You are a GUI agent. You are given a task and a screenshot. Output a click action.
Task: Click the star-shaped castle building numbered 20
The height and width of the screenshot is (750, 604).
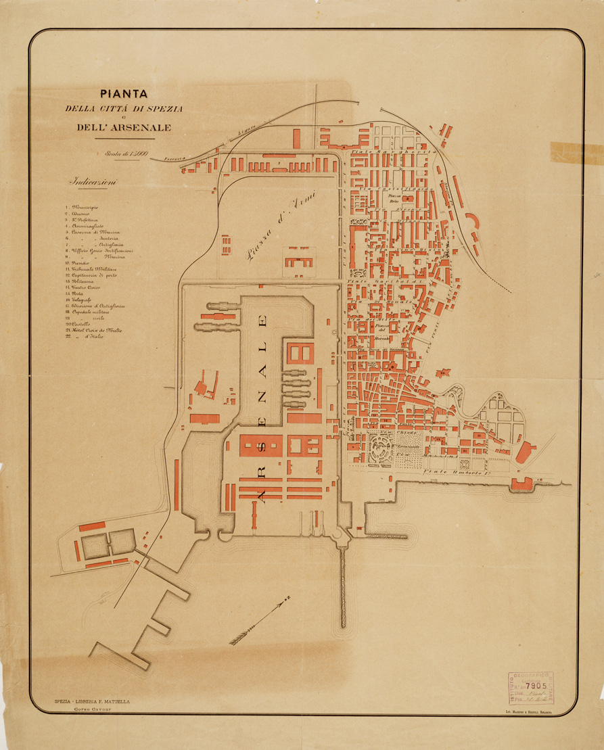pyautogui.click(x=443, y=373)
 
